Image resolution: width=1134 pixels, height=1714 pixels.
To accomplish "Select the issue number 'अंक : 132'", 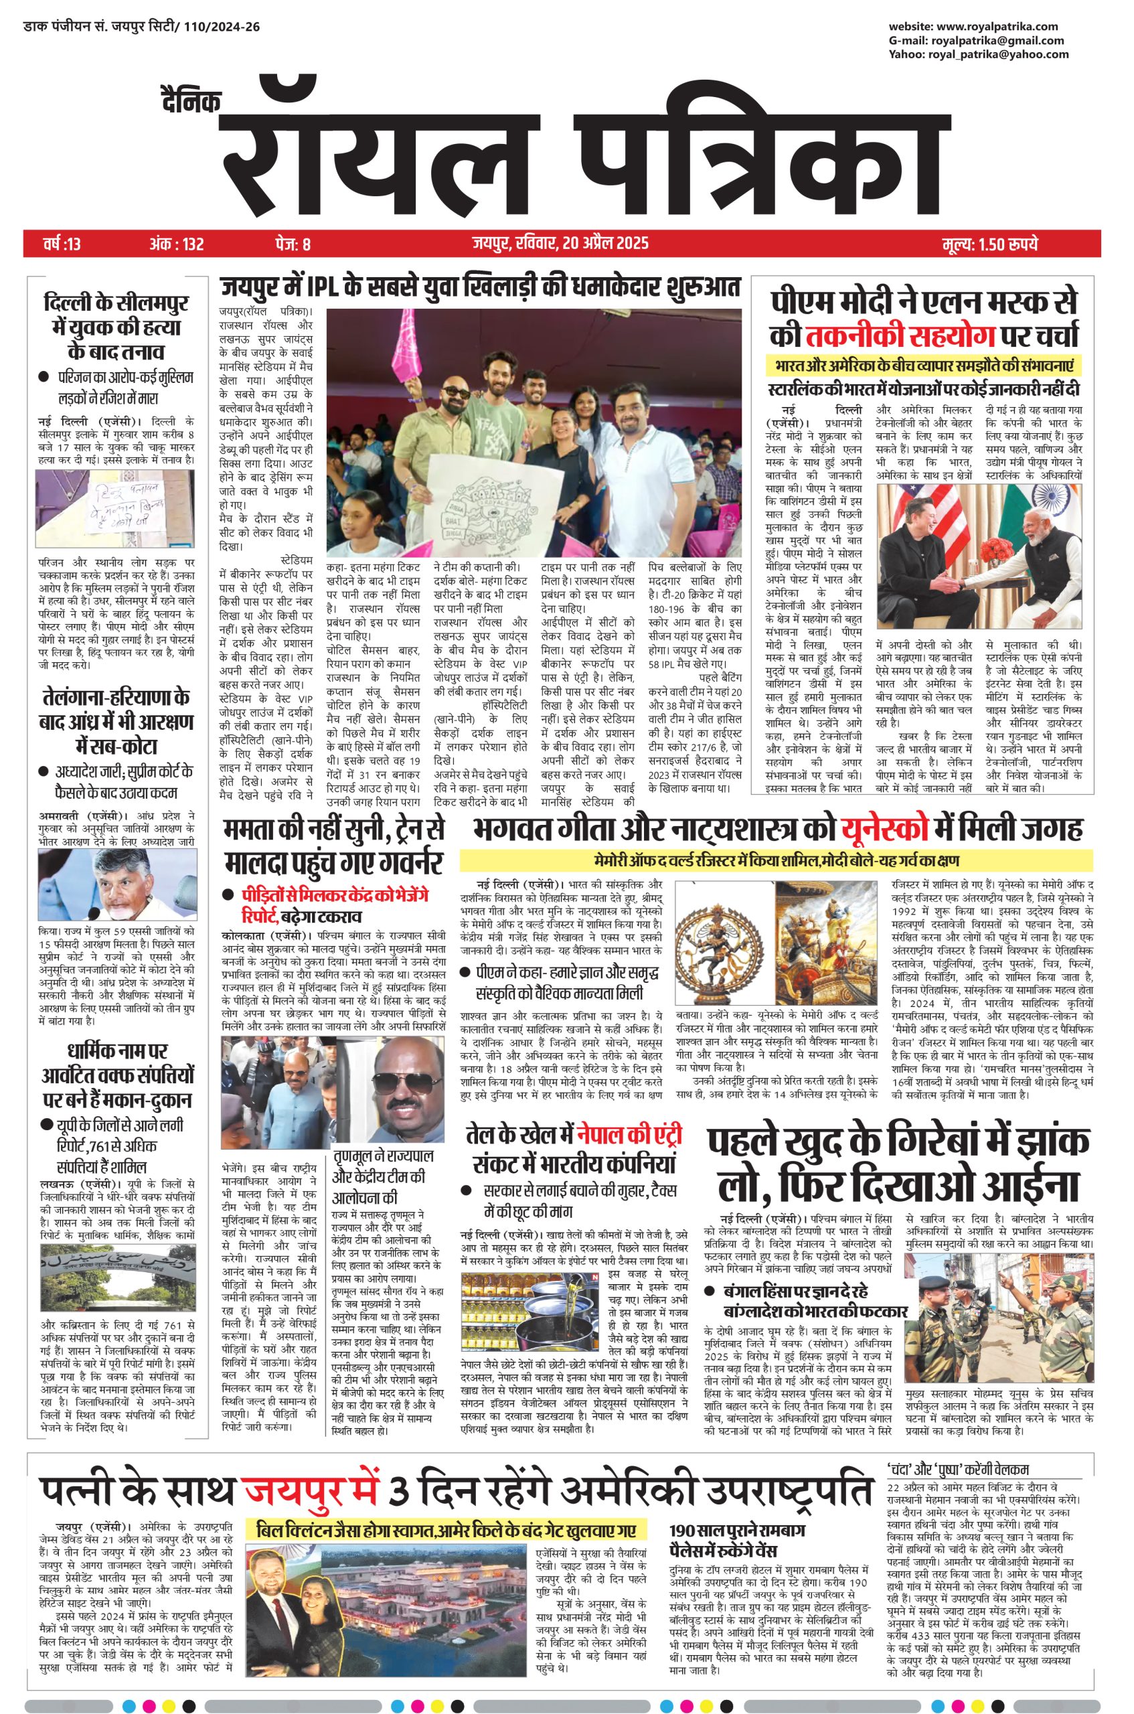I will click(177, 244).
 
